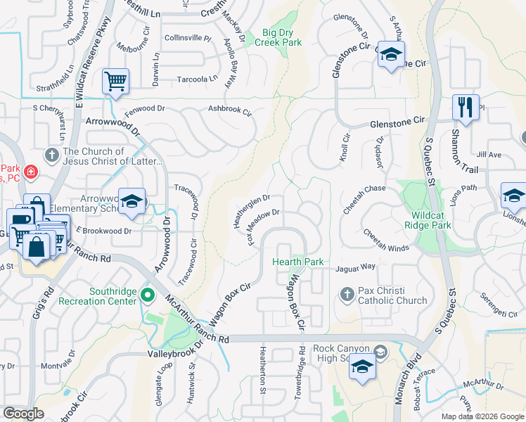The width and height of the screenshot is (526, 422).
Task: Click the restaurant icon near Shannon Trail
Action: (x=466, y=107)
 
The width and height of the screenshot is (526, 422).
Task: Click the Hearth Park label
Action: (x=298, y=262)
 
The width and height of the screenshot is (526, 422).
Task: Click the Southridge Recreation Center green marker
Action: (x=148, y=295)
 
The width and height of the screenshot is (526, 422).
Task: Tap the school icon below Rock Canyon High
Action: (x=363, y=367)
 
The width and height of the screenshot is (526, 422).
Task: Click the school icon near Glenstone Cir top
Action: (x=390, y=53)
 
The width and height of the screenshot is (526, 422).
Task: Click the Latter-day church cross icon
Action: (x=51, y=154)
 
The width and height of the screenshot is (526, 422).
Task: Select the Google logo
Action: (x=23, y=414)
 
